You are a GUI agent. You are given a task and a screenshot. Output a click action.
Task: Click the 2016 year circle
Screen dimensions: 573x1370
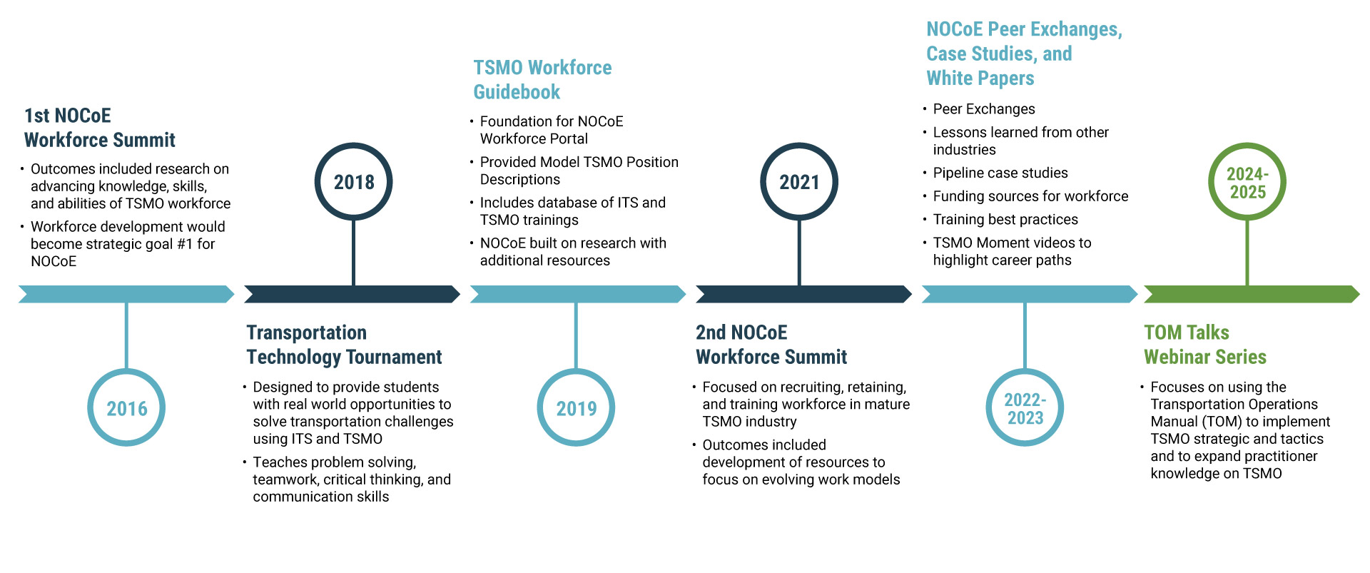click(x=126, y=407)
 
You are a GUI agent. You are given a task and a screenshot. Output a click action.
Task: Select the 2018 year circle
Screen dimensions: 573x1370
click(x=354, y=182)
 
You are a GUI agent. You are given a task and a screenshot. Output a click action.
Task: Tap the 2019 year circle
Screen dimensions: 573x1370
click(x=576, y=407)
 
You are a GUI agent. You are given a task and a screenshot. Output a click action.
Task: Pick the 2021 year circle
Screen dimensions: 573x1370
click(x=799, y=182)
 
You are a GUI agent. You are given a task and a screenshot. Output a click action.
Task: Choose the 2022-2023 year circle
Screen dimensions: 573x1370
click(x=1025, y=407)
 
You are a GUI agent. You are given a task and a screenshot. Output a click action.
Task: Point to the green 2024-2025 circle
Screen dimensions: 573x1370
click(x=1247, y=182)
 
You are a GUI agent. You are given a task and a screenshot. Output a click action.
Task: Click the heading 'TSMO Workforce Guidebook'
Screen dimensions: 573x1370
click(x=542, y=79)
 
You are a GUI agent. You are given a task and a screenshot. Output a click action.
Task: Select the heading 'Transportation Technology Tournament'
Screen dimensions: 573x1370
click(x=344, y=345)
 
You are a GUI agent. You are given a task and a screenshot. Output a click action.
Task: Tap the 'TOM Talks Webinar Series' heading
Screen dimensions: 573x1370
click(x=1205, y=345)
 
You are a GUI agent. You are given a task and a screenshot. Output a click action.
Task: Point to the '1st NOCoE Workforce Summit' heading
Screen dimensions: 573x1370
click(x=99, y=128)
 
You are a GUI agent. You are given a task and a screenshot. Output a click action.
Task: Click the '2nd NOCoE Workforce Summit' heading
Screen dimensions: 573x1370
click(x=771, y=345)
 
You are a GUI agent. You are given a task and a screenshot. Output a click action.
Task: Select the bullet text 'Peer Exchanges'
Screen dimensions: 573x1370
click(x=983, y=109)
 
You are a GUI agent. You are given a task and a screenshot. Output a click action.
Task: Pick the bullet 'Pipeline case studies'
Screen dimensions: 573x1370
click(x=1000, y=173)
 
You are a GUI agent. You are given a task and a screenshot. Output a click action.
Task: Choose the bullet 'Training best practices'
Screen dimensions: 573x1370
click(x=1005, y=220)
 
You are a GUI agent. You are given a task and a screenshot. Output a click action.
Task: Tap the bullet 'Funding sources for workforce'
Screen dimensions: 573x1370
click(x=1030, y=196)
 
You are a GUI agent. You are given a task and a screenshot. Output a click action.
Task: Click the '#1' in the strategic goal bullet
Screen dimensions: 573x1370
click(x=185, y=244)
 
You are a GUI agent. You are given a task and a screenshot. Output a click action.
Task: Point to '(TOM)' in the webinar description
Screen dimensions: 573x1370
click(x=1222, y=422)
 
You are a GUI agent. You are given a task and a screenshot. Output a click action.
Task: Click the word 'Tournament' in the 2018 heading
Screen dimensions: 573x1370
click(x=394, y=357)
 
